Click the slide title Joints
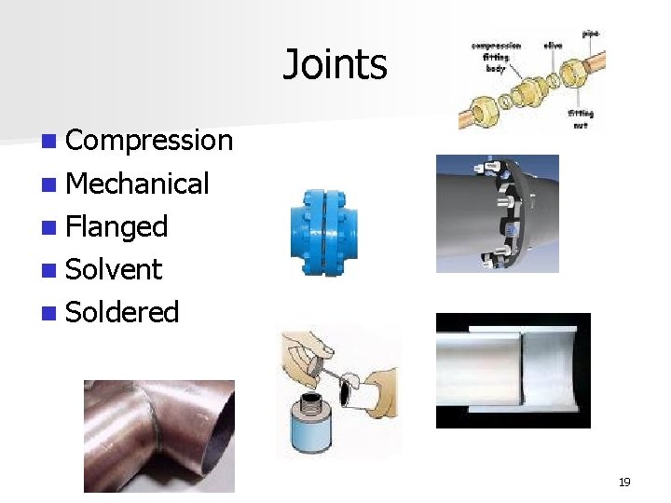coord(335,64)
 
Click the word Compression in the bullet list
coord(149,140)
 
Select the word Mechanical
coord(138,184)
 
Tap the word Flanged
coord(116,226)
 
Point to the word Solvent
coord(114,269)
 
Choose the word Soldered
coord(122,312)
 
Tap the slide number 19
coord(624,482)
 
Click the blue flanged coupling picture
coord(324,232)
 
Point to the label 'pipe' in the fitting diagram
coord(591,34)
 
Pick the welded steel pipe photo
coord(158,435)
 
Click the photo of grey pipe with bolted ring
coord(497,213)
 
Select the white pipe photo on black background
coord(513,370)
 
